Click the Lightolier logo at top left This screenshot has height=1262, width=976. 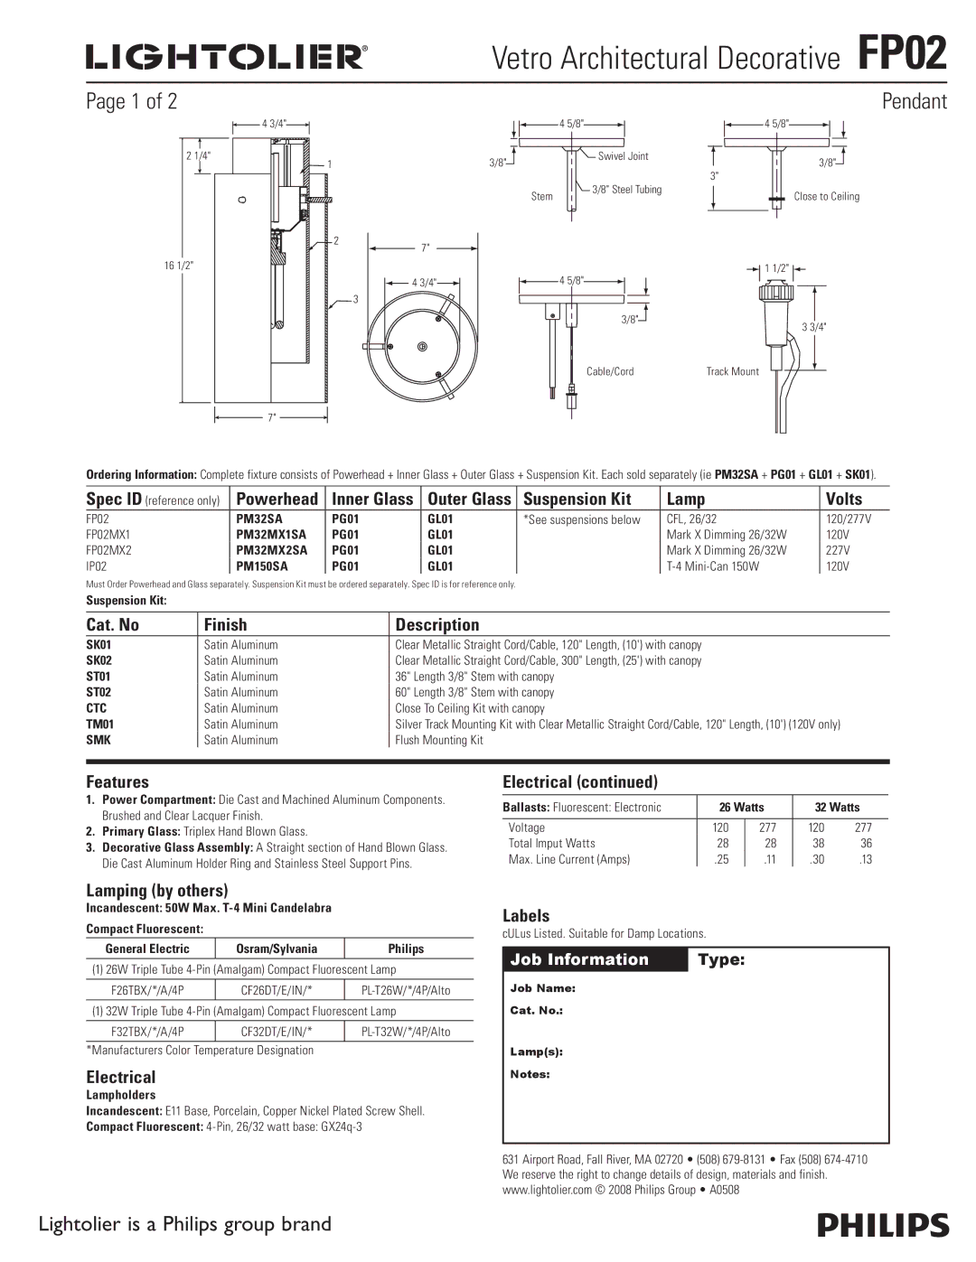[x=226, y=58]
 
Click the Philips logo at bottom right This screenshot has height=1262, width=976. [x=883, y=1225]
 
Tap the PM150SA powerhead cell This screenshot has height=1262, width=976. [x=262, y=566]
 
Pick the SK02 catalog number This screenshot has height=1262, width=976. [x=99, y=660]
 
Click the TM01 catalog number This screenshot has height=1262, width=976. [x=99, y=724]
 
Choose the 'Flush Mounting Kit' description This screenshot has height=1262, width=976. [x=439, y=740]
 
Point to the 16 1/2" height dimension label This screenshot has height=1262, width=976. [x=178, y=265]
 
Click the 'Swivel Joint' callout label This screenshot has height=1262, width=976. [x=624, y=156]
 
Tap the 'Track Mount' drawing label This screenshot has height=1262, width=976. [x=732, y=371]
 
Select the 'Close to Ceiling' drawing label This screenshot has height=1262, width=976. [x=826, y=196]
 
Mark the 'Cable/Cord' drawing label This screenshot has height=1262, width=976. [x=610, y=371]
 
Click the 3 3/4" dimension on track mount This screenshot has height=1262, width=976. [x=814, y=327]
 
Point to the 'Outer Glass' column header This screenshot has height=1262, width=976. [x=469, y=499]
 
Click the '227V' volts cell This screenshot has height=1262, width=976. [x=838, y=550]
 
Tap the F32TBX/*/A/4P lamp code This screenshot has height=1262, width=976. [x=148, y=1032]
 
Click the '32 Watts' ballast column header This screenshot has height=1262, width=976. [x=838, y=807]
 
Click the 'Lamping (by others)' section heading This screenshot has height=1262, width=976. [x=157, y=890]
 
